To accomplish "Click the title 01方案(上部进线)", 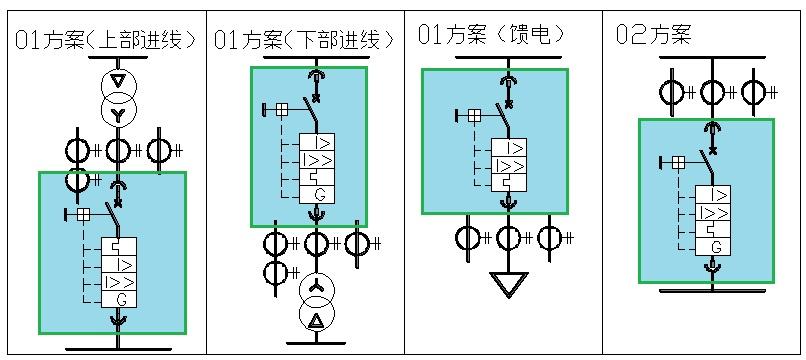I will (x=105, y=41).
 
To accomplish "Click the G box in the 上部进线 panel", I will (x=120, y=299).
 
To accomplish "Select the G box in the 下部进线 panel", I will (x=317, y=194).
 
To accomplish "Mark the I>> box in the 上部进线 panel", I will (x=120, y=282).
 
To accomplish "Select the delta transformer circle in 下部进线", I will (x=317, y=319).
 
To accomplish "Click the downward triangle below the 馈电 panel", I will (x=509, y=285).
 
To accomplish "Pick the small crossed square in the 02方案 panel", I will (x=678, y=162).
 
